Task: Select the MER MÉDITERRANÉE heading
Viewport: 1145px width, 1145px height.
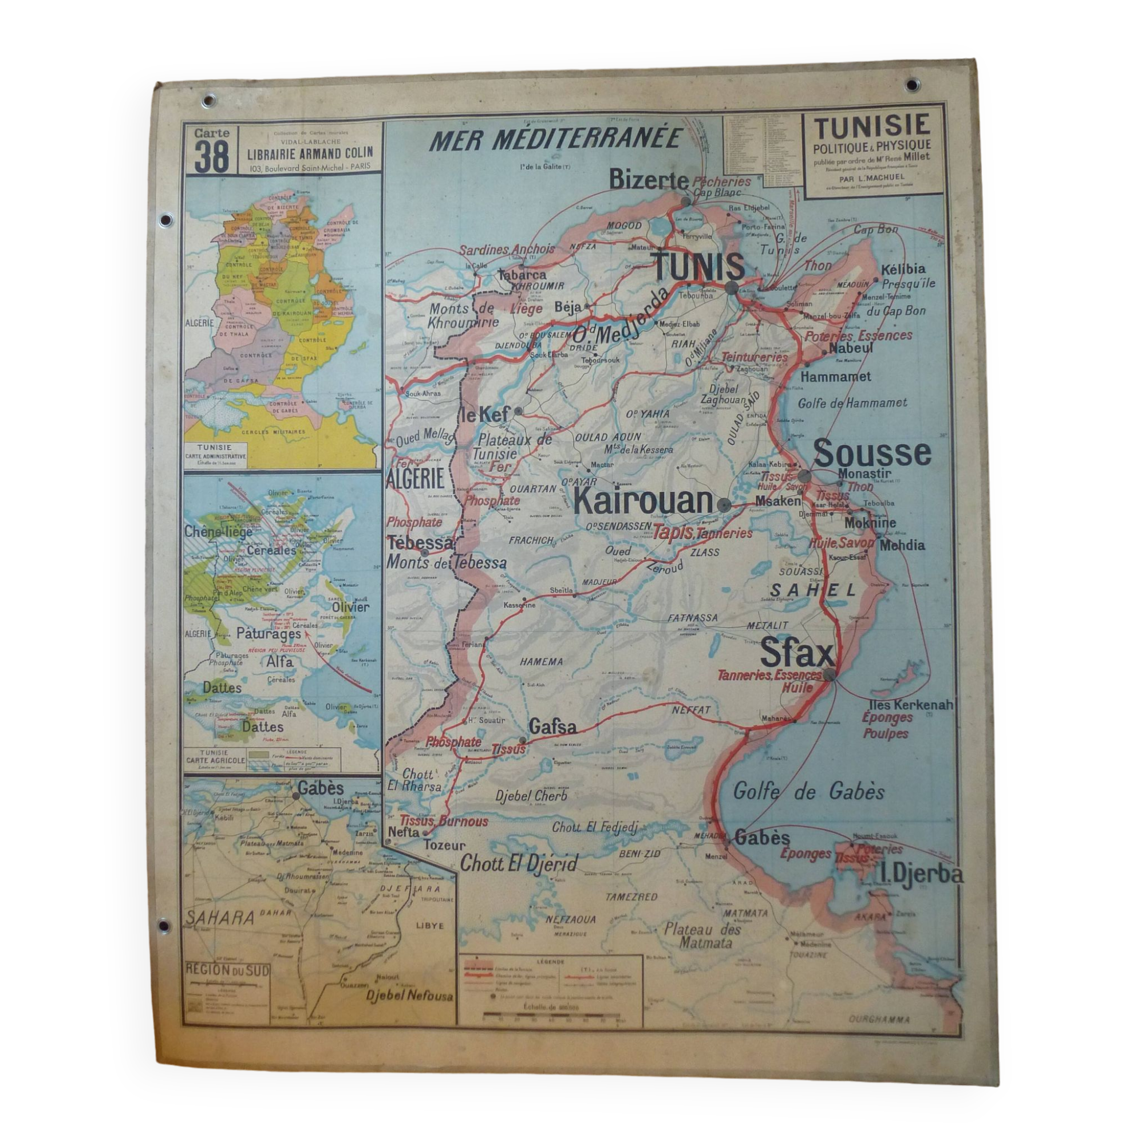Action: [556, 140]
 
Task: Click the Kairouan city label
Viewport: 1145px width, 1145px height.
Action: [642, 502]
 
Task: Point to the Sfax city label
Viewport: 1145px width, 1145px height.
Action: [796, 654]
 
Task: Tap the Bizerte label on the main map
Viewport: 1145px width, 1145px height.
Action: [649, 180]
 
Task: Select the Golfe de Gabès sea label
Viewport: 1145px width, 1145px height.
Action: [808, 792]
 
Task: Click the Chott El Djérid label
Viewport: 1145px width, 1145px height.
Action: [519, 863]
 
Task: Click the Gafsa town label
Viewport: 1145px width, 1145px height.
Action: [552, 726]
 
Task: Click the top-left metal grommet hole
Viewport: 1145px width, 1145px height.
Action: [208, 101]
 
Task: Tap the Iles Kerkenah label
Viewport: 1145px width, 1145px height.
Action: [910, 705]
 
